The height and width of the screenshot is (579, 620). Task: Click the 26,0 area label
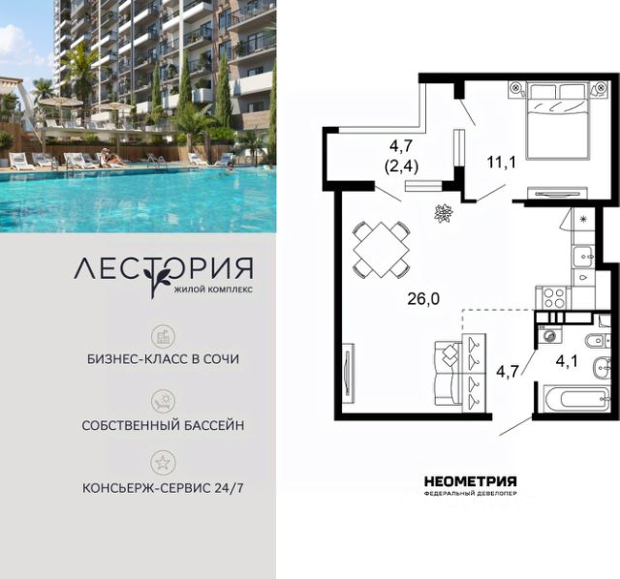point(423,299)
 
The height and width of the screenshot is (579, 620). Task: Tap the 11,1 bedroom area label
point(502,163)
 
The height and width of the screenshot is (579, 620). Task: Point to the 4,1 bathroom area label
point(567,361)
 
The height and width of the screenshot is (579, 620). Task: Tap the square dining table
point(382,250)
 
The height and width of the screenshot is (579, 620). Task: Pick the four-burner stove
point(553,297)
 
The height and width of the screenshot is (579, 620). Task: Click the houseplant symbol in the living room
point(444,213)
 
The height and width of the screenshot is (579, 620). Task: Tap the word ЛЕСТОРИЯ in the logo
point(164,269)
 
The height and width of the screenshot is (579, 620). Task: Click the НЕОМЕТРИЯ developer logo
point(470,481)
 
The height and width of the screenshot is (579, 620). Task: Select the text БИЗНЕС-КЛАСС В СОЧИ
point(163,359)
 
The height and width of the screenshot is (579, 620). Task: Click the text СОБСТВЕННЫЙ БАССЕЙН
point(163,425)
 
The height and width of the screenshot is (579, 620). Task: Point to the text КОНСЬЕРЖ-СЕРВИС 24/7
point(163,488)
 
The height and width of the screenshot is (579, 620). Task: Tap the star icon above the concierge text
point(163,462)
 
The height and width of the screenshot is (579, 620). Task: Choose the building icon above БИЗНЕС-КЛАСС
point(163,337)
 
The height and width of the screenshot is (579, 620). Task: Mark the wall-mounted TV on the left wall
point(349,373)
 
